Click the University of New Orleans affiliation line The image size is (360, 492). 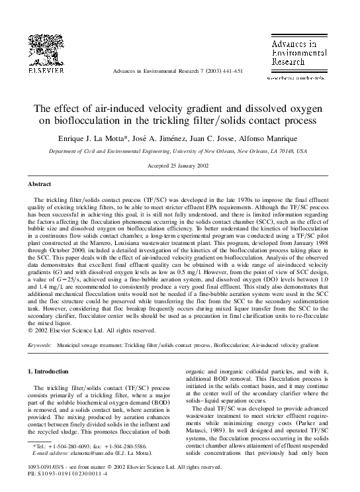click(x=180, y=150)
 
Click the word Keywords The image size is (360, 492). click(x=40, y=345)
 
